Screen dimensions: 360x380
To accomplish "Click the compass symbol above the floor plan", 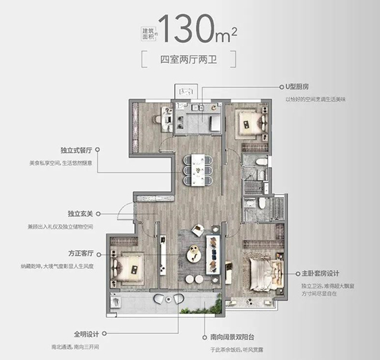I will [184, 90].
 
